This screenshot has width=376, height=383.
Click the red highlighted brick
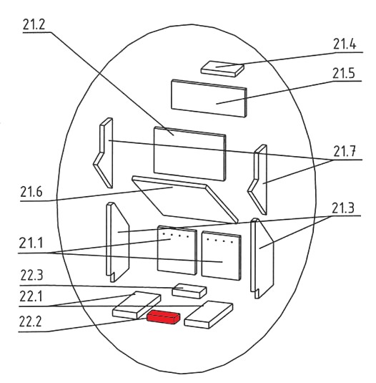click(x=164, y=317)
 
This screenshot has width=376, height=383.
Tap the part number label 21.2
click(x=34, y=25)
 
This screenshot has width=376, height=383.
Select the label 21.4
click(x=345, y=44)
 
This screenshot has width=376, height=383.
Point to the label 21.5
click(x=344, y=73)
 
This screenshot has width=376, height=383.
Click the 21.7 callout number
click(x=345, y=152)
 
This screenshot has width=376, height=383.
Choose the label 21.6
click(x=31, y=192)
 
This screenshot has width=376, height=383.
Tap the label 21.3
click(x=343, y=208)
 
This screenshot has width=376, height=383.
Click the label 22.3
click(x=31, y=276)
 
